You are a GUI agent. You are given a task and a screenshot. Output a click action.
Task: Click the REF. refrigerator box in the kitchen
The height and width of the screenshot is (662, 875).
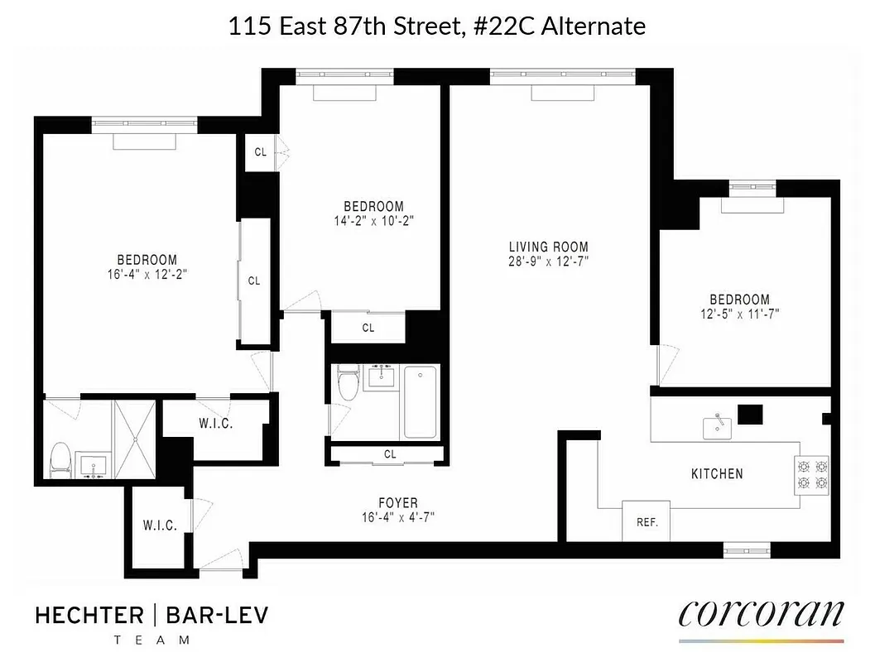pyautogui.click(x=646, y=521)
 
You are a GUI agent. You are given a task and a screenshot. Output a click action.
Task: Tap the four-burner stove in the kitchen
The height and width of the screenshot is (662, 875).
pyautogui.click(x=811, y=475)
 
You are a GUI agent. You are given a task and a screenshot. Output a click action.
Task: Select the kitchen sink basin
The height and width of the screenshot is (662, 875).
pyautogui.click(x=717, y=428)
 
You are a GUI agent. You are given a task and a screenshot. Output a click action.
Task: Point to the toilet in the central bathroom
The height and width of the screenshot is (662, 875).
pyautogui.click(x=349, y=385)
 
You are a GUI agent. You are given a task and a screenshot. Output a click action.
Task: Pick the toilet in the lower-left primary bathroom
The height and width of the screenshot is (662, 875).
pyautogui.click(x=60, y=459)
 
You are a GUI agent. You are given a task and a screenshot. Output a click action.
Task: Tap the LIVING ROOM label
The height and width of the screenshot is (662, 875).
pyautogui.click(x=548, y=247)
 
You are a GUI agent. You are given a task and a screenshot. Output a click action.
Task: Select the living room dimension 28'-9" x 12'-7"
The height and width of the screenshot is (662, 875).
pyautogui.click(x=548, y=262)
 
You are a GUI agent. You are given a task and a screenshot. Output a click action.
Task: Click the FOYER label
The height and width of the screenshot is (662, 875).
pyautogui.click(x=397, y=502)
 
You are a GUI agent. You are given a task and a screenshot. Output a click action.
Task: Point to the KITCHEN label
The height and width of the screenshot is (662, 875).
pyautogui.click(x=717, y=474)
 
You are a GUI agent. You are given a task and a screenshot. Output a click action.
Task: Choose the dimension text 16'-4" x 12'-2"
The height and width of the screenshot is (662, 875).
pyautogui.click(x=147, y=275)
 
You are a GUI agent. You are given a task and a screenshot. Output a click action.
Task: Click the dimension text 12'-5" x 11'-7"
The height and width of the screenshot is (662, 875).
pyautogui.click(x=738, y=314)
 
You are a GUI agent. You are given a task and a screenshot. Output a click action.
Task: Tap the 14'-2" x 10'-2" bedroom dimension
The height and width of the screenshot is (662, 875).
pyautogui.click(x=373, y=221)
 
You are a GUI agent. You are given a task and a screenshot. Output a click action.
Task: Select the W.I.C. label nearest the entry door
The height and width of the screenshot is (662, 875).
pyautogui.click(x=160, y=525)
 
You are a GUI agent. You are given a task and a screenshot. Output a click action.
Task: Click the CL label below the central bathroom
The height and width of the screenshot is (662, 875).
pyautogui.click(x=390, y=454)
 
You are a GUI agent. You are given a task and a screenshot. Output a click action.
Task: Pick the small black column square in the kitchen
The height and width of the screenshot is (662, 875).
pyautogui.click(x=749, y=414)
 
